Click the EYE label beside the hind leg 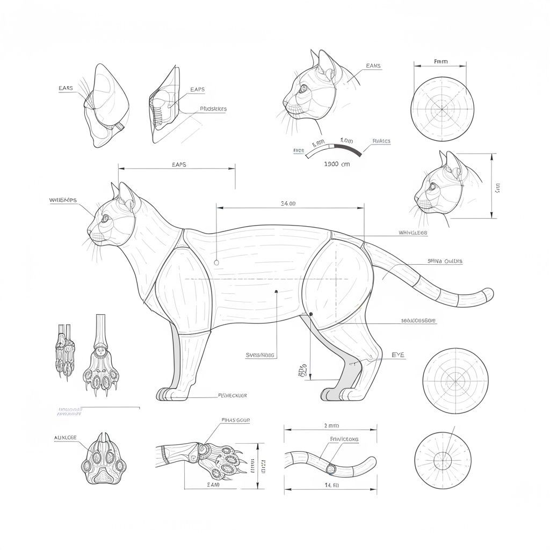pos(398,355)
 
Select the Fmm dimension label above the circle pos(440,62)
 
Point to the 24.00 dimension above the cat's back pos(288,203)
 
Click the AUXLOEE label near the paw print pos(66,438)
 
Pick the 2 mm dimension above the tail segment pos(331,425)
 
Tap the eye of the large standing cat pos(105,218)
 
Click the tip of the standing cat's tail pos(489,293)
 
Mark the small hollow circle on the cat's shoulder pos(216,262)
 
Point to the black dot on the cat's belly pos(276,292)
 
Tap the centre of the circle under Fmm pos(443,109)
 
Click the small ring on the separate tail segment pos(331,468)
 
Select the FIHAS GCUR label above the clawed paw pos(235,420)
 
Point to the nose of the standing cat pos(89,233)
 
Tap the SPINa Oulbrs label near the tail pos(445,261)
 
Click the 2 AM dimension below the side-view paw pos(213,484)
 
